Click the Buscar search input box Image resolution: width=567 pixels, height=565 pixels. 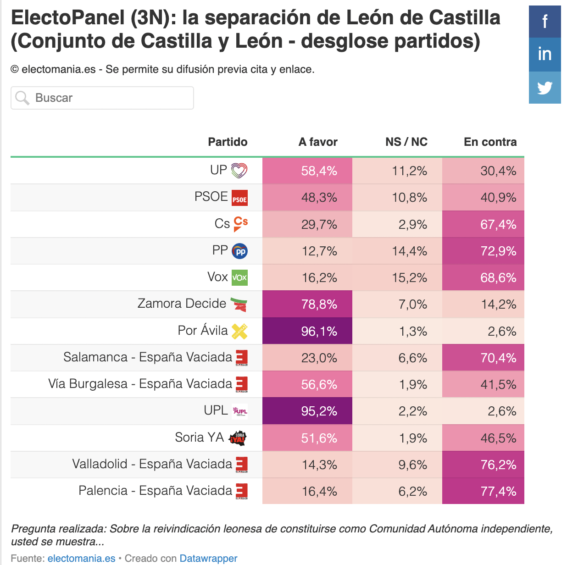pos(102,98)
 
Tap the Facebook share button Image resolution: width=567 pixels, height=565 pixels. pos(545,22)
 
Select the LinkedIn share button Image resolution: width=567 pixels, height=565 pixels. pos(545,55)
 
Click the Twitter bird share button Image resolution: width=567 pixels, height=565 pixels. pos(545,88)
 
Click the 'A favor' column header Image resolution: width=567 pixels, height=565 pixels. pos(318,142)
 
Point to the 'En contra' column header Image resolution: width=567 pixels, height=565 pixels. pos(490,142)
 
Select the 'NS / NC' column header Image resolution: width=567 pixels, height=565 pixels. pos(406,142)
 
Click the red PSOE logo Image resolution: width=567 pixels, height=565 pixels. pos(239,198)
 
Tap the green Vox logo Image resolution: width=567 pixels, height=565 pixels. pos(239,277)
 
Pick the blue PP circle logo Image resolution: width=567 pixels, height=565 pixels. pos(239,251)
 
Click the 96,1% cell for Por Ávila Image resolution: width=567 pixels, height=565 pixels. pos(307,331)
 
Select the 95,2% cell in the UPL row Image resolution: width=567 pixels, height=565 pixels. pos(307,411)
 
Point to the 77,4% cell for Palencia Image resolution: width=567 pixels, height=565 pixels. pos(483,491)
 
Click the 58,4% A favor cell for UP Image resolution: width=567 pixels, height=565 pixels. pos(307,171)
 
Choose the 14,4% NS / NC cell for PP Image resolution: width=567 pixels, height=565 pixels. pos(397,251)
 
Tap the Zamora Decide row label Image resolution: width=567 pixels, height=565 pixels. pos(182,304)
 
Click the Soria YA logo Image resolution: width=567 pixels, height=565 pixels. pos(237,438)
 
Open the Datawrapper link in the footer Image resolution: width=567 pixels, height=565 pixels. pos(208,558)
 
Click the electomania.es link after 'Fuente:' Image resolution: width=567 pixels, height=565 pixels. pos(82,558)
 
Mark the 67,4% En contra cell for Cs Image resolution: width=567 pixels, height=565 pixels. pos(483,224)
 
